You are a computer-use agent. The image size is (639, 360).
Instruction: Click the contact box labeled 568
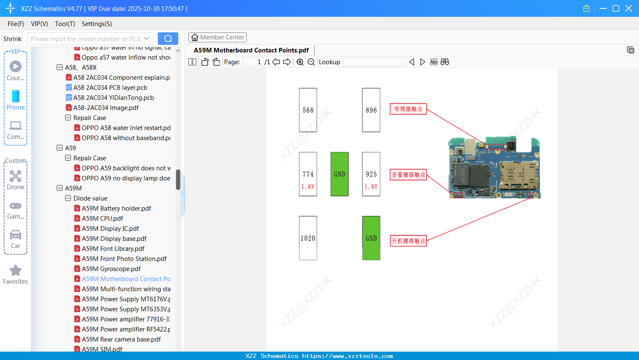click(x=308, y=110)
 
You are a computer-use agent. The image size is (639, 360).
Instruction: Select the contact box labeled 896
click(x=371, y=110)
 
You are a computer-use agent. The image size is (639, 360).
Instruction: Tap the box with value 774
click(x=308, y=174)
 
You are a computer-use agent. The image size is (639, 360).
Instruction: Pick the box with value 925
click(x=371, y=174)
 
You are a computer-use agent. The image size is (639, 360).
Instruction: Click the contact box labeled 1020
click(x=308, y=238)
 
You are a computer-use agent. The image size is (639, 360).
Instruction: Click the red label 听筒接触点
click(x=408, y=109)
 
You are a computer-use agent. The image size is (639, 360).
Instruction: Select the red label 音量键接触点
click(x=408, y=175)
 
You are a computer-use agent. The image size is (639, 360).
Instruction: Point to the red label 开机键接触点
click(x=408, y=241)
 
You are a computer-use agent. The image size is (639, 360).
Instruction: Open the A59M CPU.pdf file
click(x=102, y=219)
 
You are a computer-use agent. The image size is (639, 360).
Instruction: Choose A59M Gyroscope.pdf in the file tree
click(x=111, y=269)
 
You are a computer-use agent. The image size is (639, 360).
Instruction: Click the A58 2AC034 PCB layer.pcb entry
click(x=110, y=88)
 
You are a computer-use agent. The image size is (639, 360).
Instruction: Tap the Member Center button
click(x=217, y=37)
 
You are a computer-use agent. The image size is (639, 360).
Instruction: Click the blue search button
click(x=168, y=39)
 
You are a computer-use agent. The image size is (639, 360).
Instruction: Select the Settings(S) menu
click(x=97, y=24)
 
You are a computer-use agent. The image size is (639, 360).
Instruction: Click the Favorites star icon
click(x=16, y=271)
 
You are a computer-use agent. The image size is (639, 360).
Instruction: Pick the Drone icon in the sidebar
click(x=16, y=177)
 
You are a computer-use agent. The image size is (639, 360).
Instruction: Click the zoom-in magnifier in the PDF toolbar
click(x=300, y=62)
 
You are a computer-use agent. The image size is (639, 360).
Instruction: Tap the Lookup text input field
click(x=374, y=62)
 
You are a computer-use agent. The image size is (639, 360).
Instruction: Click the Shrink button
click(x=13, y=39)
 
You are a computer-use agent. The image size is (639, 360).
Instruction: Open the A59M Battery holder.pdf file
click(x=116, y=209)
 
